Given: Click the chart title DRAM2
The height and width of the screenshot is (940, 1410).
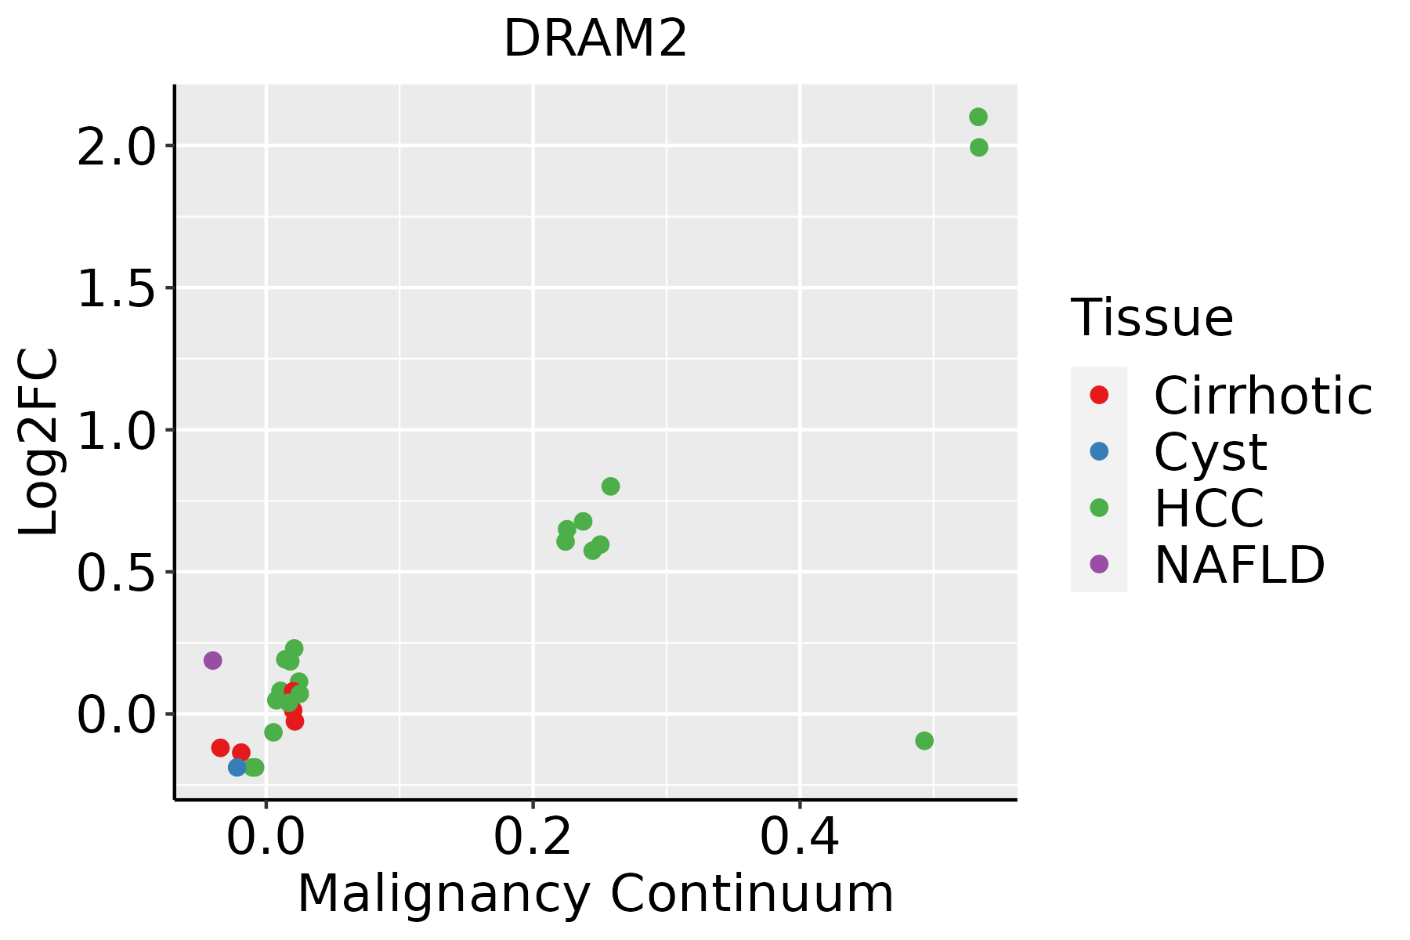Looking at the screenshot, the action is click(595, 39).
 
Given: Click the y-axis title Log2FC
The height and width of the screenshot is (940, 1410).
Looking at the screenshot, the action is click(39, 442).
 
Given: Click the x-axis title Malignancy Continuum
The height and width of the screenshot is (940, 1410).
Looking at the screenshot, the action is click(595, 895).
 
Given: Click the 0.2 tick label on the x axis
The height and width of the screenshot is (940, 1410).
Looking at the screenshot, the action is click(533, 837).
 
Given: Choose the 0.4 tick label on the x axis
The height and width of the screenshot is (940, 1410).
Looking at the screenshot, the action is click(800, 837).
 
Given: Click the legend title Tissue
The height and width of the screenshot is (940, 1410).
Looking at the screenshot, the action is click(1151, 317).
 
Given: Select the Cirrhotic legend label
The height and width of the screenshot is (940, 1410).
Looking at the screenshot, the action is click(1263, 396).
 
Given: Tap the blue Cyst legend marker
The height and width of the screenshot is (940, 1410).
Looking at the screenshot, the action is click(1099, 451).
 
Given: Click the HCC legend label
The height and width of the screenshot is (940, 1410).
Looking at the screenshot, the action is click(1209, 508).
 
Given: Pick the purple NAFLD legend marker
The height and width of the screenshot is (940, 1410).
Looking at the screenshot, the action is click(1099, 563).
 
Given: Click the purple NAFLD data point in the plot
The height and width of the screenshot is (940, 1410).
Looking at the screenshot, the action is click(212, 660).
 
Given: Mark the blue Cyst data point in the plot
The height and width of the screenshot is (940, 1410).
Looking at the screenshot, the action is click(237, 767).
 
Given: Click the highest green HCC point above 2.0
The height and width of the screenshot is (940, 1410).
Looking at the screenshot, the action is click(978, 117).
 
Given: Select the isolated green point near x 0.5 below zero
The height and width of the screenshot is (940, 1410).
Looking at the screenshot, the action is click(924, 740).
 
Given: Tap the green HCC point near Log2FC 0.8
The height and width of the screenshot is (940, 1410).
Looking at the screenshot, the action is click(610, 486).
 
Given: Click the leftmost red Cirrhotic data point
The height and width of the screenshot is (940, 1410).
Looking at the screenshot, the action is click(220, 747).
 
